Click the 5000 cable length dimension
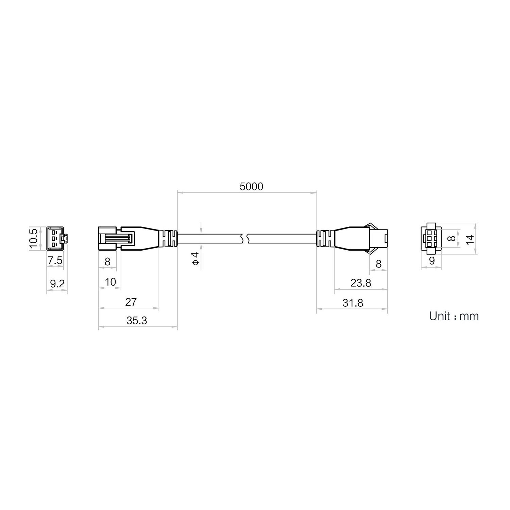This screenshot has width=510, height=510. pos(251,187)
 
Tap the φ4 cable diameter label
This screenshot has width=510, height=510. pos(195,259)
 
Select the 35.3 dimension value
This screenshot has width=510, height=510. pos(137,321)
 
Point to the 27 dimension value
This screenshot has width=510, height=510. pos(131,302)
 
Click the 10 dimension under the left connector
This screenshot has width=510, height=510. pos(111,282)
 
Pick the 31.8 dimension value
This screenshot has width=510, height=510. pos(353,303)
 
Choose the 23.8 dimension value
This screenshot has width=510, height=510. pos(361,283)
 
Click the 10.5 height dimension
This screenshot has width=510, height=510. pos(34,239)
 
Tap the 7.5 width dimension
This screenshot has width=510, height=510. pos(55,261)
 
